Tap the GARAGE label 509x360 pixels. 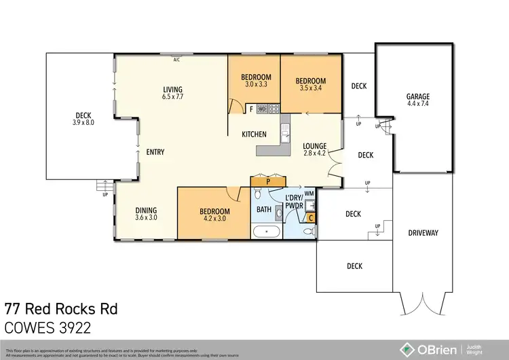point(417,97)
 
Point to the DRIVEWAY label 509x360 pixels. point(423,233)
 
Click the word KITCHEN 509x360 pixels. point(254,134)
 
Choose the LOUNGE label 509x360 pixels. point(315,145)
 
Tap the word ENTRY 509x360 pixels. point(155,152)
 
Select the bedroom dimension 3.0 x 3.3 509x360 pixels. point(256,85)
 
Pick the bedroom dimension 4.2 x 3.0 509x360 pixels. point(215,219)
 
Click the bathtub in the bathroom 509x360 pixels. point(267,232)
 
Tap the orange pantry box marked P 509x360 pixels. point(269,181)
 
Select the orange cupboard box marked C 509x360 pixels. point(311,218)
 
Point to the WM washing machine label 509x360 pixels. point(309,193)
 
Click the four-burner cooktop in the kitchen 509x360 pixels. point(274,108)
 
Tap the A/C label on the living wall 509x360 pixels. point(176,60)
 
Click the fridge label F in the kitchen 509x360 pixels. point(251,109)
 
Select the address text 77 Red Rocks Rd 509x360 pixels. point(61,309)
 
